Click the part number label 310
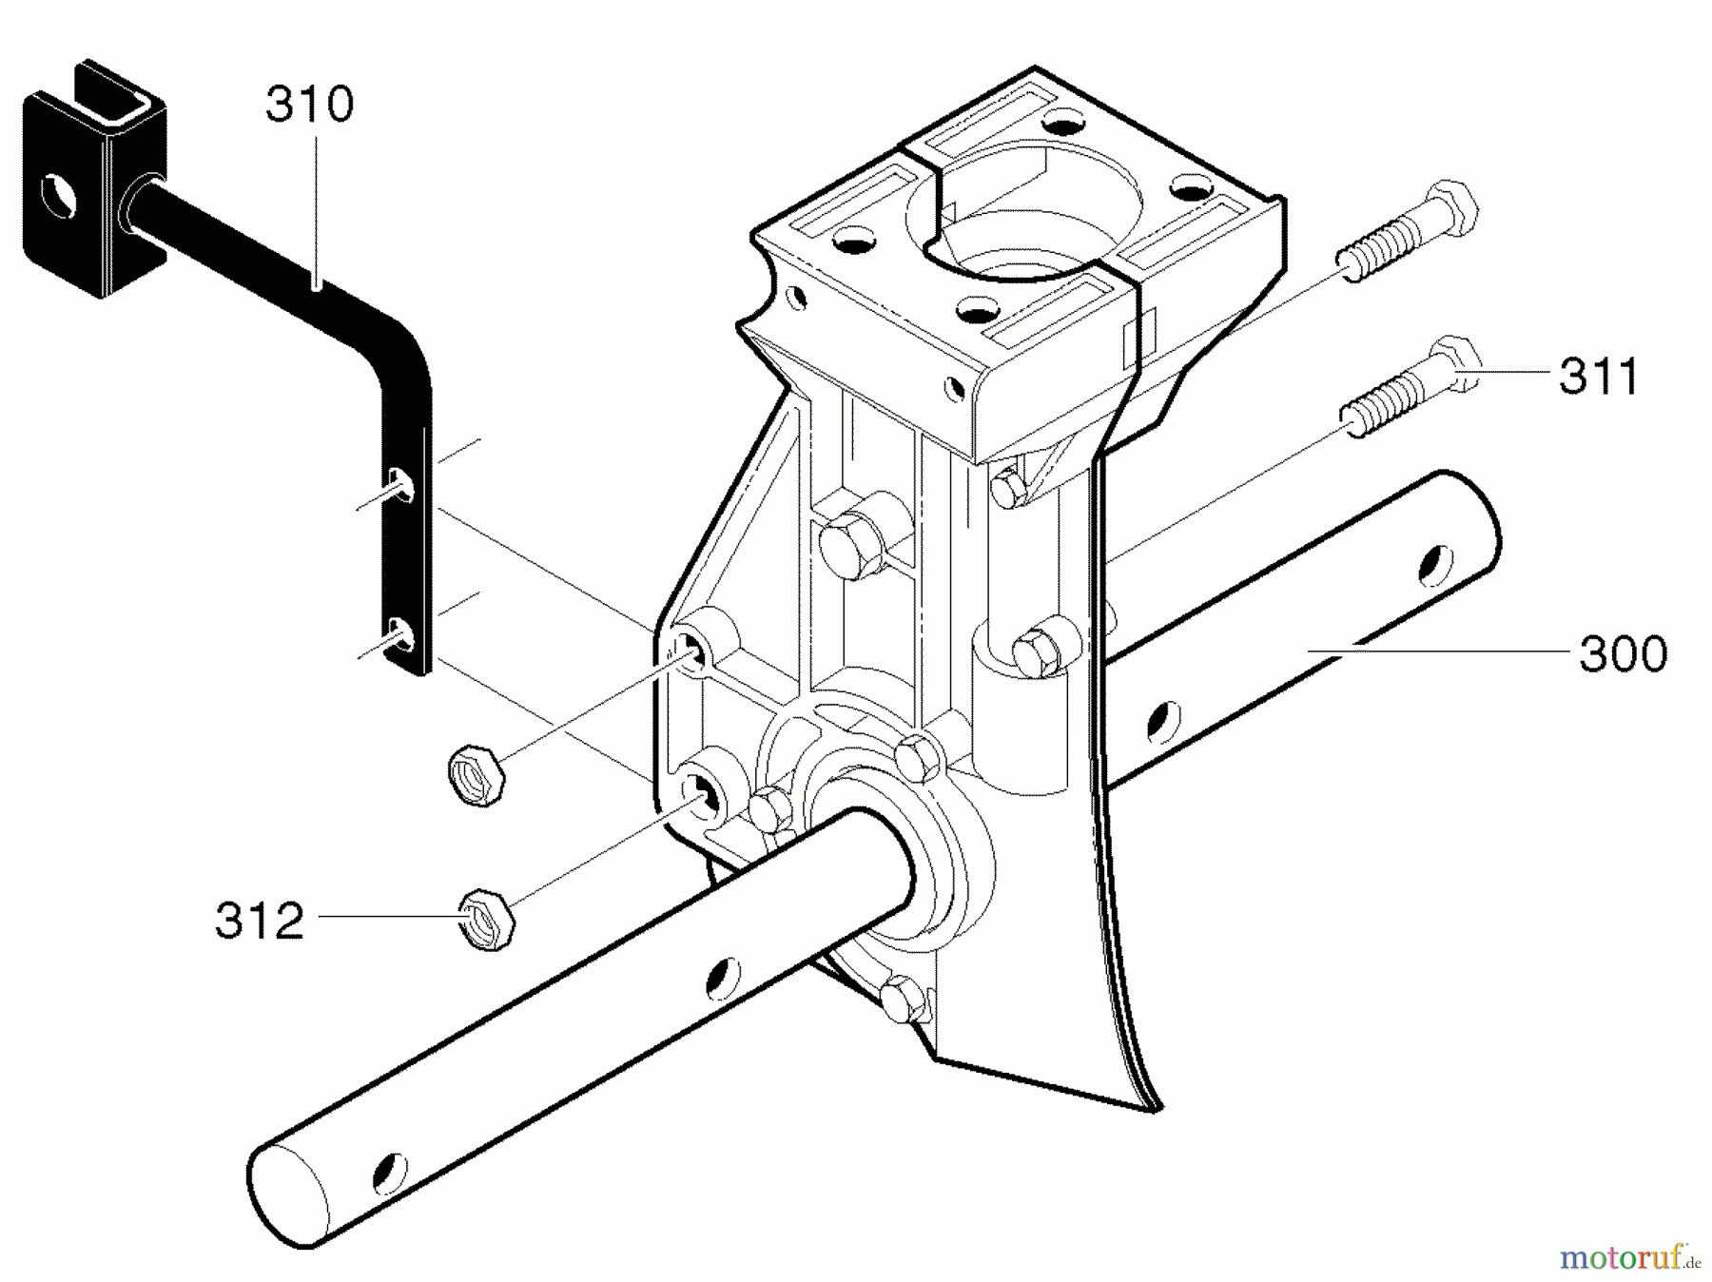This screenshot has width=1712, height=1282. click(x=309, y=105)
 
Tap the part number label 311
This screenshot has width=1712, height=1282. click(x=1599, y=377)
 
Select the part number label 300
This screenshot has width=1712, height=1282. click(x=1623, y=654)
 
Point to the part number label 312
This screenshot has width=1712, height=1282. click(x=260, y=921)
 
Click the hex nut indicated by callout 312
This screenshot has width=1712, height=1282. click(x=487, y=919)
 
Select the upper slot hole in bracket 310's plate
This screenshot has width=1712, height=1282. click(x=402, y=484)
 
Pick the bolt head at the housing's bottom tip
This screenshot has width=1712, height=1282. click(x=900, y=1000)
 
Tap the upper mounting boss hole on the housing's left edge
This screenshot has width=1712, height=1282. click(x=694, y=651)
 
